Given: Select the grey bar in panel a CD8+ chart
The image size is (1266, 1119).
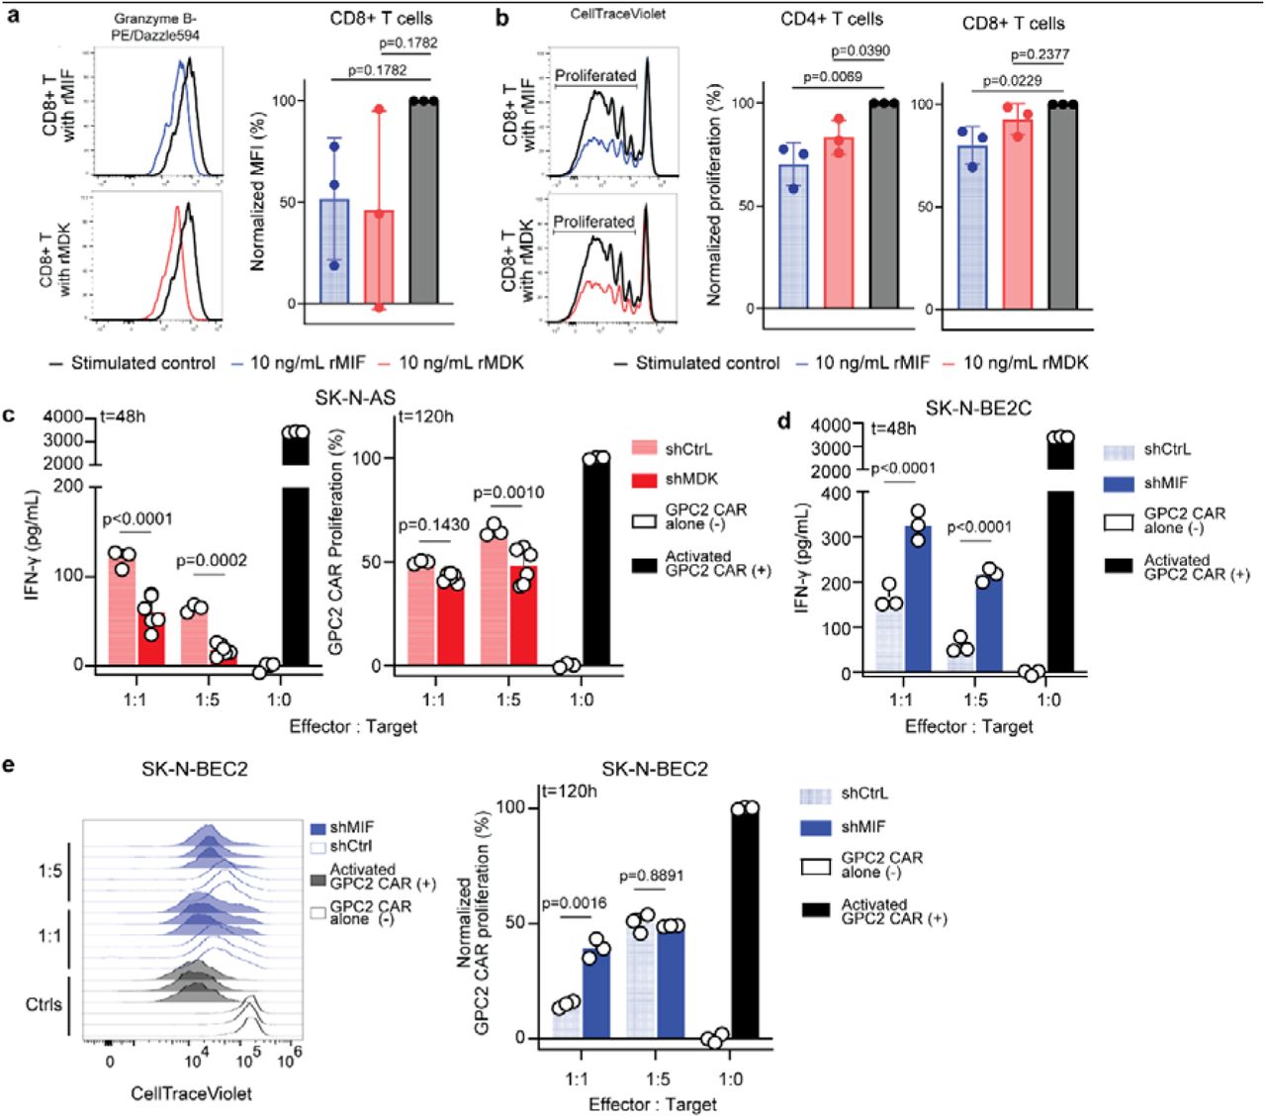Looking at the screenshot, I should coord(423,203).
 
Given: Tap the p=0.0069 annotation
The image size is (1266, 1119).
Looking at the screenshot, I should coord(832,76).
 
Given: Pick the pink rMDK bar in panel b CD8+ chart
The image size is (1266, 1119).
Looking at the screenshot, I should coord(1017,213).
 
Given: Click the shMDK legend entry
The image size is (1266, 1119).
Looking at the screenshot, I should coord(691,479).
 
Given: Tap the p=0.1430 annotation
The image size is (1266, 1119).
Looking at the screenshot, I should coord(434,525).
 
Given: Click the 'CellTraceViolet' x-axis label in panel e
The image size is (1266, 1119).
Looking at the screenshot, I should coord(191,1093).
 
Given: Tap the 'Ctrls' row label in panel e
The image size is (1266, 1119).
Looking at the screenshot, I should coord(44,1004).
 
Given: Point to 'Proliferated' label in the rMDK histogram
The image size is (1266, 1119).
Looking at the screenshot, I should coord(594,222).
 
